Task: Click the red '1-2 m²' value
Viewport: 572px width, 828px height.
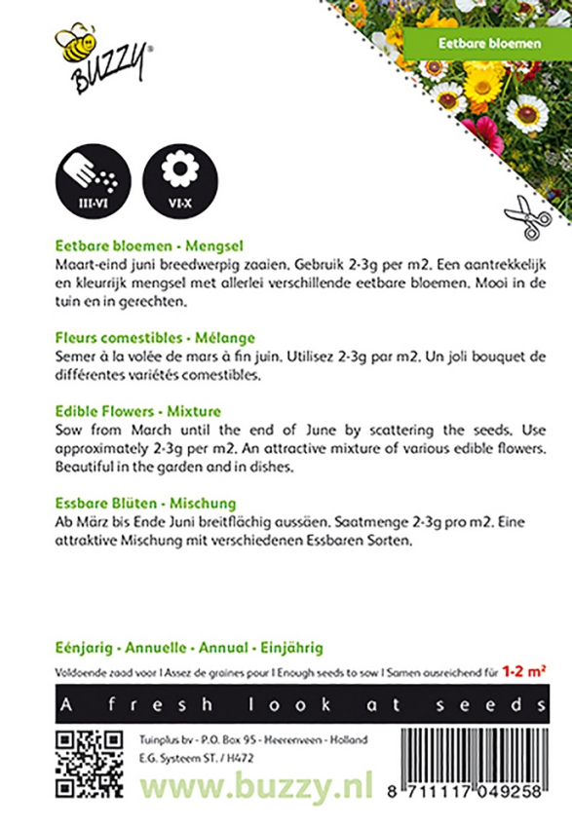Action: [524, 671]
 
